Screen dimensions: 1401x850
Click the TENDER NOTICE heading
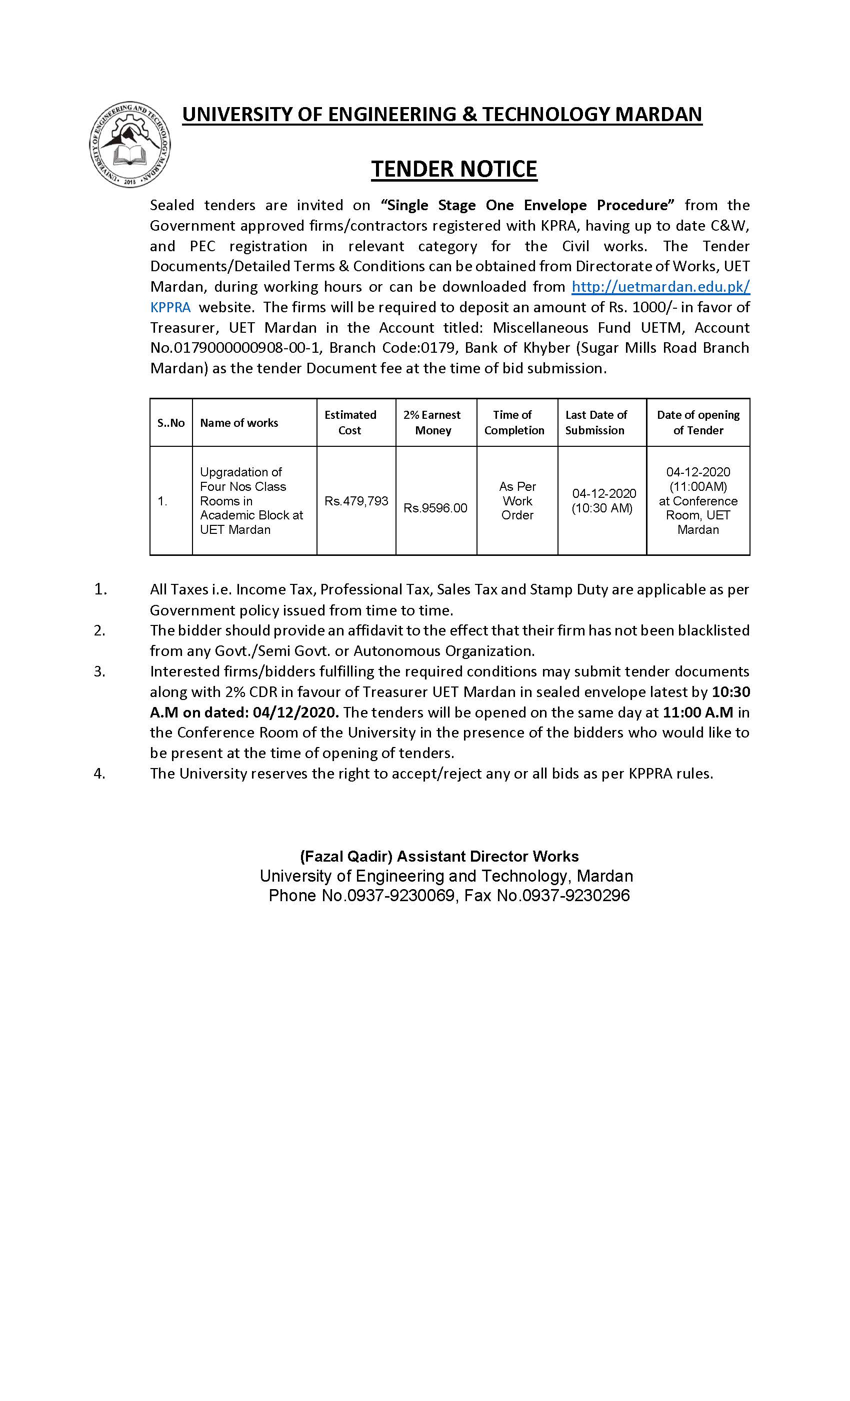pyautogui.click(x=454, y=169)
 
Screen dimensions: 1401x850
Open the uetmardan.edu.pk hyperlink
pyautogui.click(x=660, y=287)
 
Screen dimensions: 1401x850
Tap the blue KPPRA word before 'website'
pyautogui.click(x=170, y=307)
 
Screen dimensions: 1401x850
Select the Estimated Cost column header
pyautogui.click(x=350, y=422)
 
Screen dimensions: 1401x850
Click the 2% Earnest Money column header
pyautogui.click(x=432, y=422)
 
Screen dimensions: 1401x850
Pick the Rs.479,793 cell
pyautogui.click(x=356, y=501)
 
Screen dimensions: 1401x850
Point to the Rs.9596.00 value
pyautogui.click(x=435, y=508)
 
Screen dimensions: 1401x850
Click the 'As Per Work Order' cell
pyautogui.click(x=517, y=501)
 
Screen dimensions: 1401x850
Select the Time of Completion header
pyautogui.click(x=513, y=422)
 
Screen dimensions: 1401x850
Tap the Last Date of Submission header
pyautogui.click(x=596, y=422)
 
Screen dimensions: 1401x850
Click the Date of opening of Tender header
pyautogui.click(x=698, y=422)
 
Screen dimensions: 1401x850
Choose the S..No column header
pyautogui.click(x=171, y=423)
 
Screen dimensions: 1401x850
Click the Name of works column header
pyautogui.click(x=239, y=423)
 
